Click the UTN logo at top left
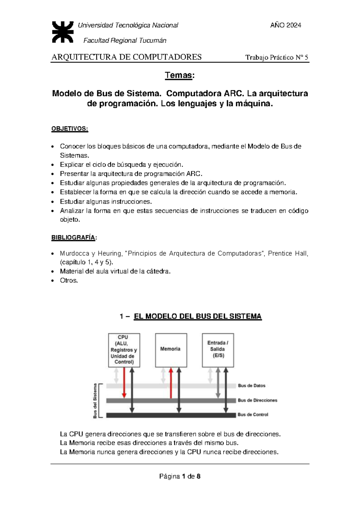(x=62, y=32)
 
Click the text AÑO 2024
(x=286, y=26)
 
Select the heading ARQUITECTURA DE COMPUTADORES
(x=127, y=57)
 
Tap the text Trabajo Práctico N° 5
(x=277, y=58)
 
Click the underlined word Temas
(x=178, y=75)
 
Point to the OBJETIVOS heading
(x=70, y=129)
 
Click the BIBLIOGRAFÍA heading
(x=74, y=238)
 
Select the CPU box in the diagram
(x=124, y=350)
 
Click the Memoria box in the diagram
(x=171, y=350)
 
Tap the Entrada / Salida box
(x=218, y=350)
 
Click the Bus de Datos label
(x=251, y=386)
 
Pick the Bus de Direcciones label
(x=257, y=400)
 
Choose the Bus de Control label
(x=253, y=415)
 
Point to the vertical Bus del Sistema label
(x=95, y=401)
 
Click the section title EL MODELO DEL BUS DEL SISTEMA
(x=197, y=316)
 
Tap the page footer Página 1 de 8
(x=180, y=476)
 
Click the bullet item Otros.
(x=69, y=281)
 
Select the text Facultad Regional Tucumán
(x=124, y=41)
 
